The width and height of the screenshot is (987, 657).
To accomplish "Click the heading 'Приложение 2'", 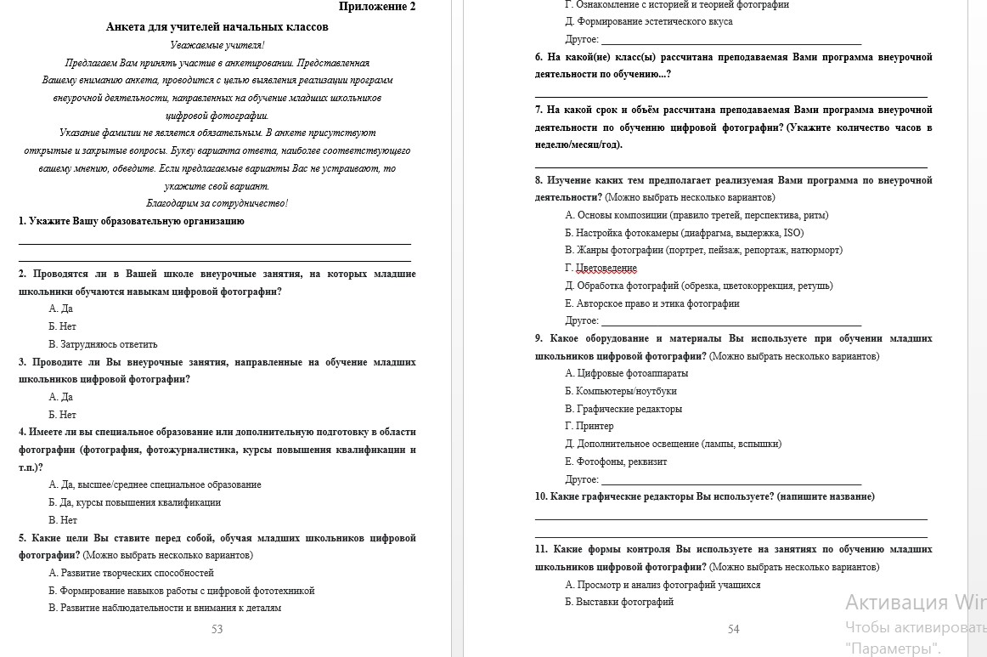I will click(x=377, y=7).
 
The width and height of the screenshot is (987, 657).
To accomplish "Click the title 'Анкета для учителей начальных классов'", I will click(x=217, y=27).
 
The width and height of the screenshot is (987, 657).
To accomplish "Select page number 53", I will click(x=217, y=629).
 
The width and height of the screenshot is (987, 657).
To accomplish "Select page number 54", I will click(x=734, y=629).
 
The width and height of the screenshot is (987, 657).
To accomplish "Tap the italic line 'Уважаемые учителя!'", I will click(x=217, y=45).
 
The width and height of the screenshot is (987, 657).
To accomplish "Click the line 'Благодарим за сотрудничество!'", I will click(x=217, y=203).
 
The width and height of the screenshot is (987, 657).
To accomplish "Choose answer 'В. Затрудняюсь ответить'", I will click(x=103, y=344).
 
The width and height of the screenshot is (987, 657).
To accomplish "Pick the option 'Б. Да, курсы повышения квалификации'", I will click(x=134, y=502).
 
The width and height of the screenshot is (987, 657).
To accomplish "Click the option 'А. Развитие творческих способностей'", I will click(x=131, y=573).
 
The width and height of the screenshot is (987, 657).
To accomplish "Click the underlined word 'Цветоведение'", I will click(x=606, y=268).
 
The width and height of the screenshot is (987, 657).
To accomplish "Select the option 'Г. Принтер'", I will click(x=589, y=426).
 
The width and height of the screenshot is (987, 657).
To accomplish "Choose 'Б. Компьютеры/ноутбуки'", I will click(x=621, y=391).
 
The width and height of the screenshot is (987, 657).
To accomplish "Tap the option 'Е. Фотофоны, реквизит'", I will click(x=616, y=462).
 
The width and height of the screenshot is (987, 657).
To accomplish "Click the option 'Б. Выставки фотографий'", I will click(x=619, y=602).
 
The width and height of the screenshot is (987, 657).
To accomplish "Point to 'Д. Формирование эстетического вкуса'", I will click(x=649, y=21).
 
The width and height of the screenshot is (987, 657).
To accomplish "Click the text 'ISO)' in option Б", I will click(x=792, y=233).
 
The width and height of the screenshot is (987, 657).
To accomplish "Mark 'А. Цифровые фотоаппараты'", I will click(x=627, y=373).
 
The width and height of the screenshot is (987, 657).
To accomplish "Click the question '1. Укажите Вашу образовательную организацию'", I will click(x=132, y=221).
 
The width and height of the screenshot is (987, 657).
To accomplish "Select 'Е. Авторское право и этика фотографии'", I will click(x=652, y=303).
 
